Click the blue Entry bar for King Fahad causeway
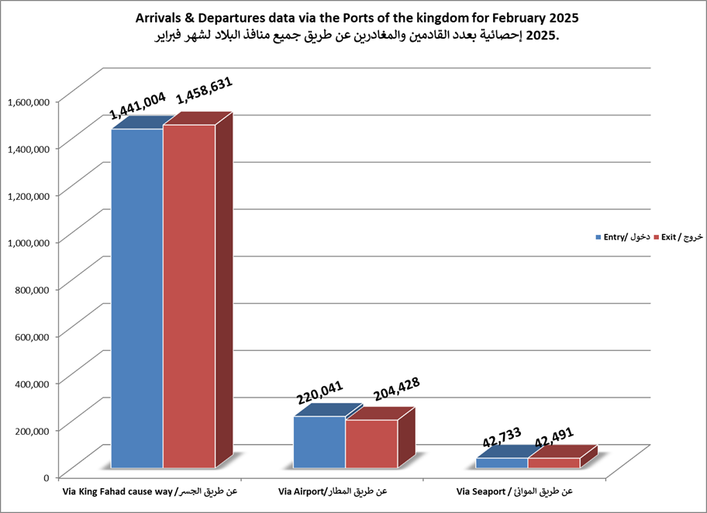pos(137,298)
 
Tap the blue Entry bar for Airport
pos(319,442)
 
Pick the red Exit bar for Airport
pos(371,444)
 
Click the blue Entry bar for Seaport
pos(502,463)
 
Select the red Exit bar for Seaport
pos(554,463)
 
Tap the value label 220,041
pos(319,393)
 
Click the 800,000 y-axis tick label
pos(32,288)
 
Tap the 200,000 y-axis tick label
pos(32,429)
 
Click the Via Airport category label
pos(331,491)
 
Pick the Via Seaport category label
pos(515,491)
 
